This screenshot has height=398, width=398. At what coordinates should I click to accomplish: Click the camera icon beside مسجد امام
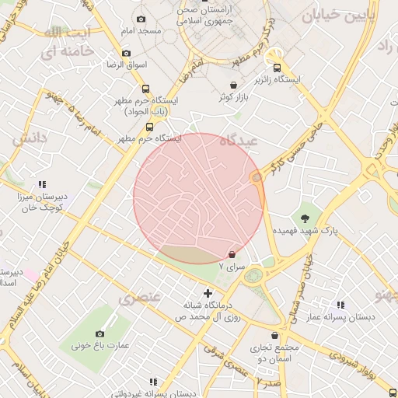pos(141,19)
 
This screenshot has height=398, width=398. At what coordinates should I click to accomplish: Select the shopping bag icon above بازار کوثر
pos(233,85)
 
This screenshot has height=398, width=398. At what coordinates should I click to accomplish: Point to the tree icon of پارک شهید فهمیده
pos(305,218)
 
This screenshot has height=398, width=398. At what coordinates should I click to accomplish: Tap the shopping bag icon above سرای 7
pos(232,254)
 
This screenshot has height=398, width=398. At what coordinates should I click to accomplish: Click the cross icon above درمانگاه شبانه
pos(207,293)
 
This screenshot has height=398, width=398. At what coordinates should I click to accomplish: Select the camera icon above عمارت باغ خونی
pos(99,333)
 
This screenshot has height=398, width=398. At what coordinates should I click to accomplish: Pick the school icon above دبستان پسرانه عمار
pos(340,305)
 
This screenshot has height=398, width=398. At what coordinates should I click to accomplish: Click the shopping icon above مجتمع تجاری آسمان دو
pos(254,337)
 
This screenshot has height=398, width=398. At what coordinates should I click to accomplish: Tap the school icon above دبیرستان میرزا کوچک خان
pos(42,185)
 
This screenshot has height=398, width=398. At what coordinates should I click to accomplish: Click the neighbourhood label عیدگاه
pos(238,142)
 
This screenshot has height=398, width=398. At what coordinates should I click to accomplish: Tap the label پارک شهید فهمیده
pos(305,232)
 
